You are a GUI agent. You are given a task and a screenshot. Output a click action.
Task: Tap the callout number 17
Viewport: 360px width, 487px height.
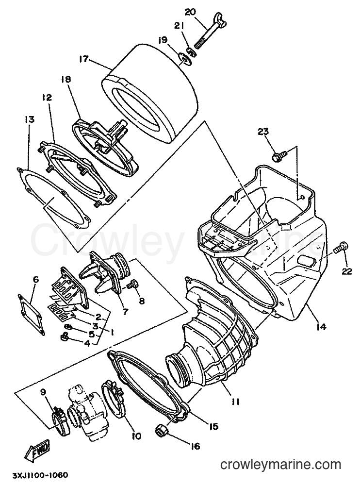click(83, 59)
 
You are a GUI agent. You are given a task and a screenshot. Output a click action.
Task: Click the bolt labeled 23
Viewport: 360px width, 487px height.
click(277, 156)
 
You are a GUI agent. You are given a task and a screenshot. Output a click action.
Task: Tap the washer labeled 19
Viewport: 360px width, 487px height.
click(186, 58)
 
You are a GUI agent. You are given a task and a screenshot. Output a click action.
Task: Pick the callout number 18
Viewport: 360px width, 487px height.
click(66, 79)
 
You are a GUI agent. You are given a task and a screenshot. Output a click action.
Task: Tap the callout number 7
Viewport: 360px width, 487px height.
click(125, 311)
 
